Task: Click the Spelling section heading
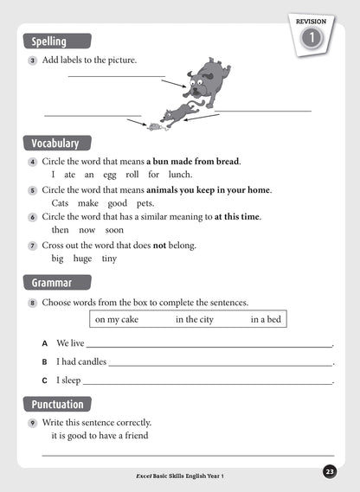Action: tap(58, 41)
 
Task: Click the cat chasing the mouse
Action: tap(179, 112)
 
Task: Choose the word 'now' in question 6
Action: tap(87, 230)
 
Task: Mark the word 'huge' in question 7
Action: tap(83, 258)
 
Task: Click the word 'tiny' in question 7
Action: tap(109, 258)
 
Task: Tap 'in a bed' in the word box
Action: tap(266, 320)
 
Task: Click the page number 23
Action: tap(330, 471)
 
